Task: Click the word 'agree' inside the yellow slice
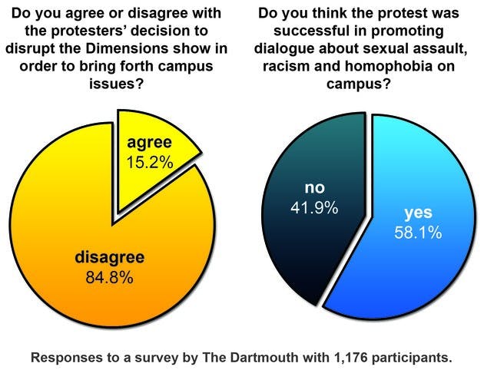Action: (151, 144)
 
